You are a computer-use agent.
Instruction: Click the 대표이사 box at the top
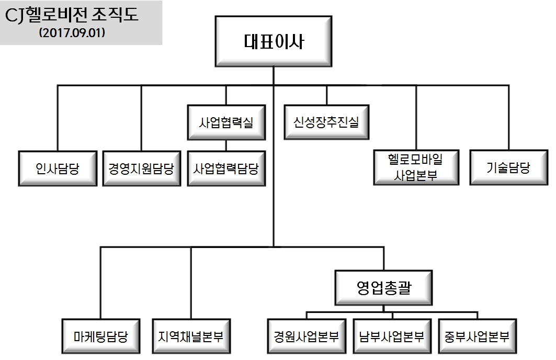pyautogui.click(x=274, y=41)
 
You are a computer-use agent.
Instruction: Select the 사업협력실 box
pyautogui.click(x=226, y=123)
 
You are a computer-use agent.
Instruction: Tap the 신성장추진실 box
pyautogui.click(x=326, y=123)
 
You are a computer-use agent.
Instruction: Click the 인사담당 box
pyautogui.click(x=58, y=168)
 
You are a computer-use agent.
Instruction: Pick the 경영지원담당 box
pyautogui.click(x=141, y=168)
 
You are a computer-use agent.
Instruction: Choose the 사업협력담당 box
pyautogui.click(x=226, y=168)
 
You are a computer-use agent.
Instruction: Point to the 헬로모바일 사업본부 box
pyautogui.click(x=416, y=167)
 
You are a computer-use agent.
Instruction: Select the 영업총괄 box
pyautogui.click(x=384, y=287)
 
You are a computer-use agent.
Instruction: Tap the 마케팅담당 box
pyautogui.click(x=101, y=335)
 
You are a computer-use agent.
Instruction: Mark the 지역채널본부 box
pyautogui.click(x=190, y=335)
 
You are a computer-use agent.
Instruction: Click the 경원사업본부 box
pyautogui.click(x=306, y=335)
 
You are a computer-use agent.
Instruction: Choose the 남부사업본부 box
pyautogui.click(x=392, y=335)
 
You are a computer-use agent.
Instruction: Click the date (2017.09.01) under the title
pyautogui.click(x=72, y=32)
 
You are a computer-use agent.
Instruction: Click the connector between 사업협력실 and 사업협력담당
pyautogui.click(x=226, y=145)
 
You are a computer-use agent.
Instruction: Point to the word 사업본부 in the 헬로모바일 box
pyautogui.click(x=416, y=175)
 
